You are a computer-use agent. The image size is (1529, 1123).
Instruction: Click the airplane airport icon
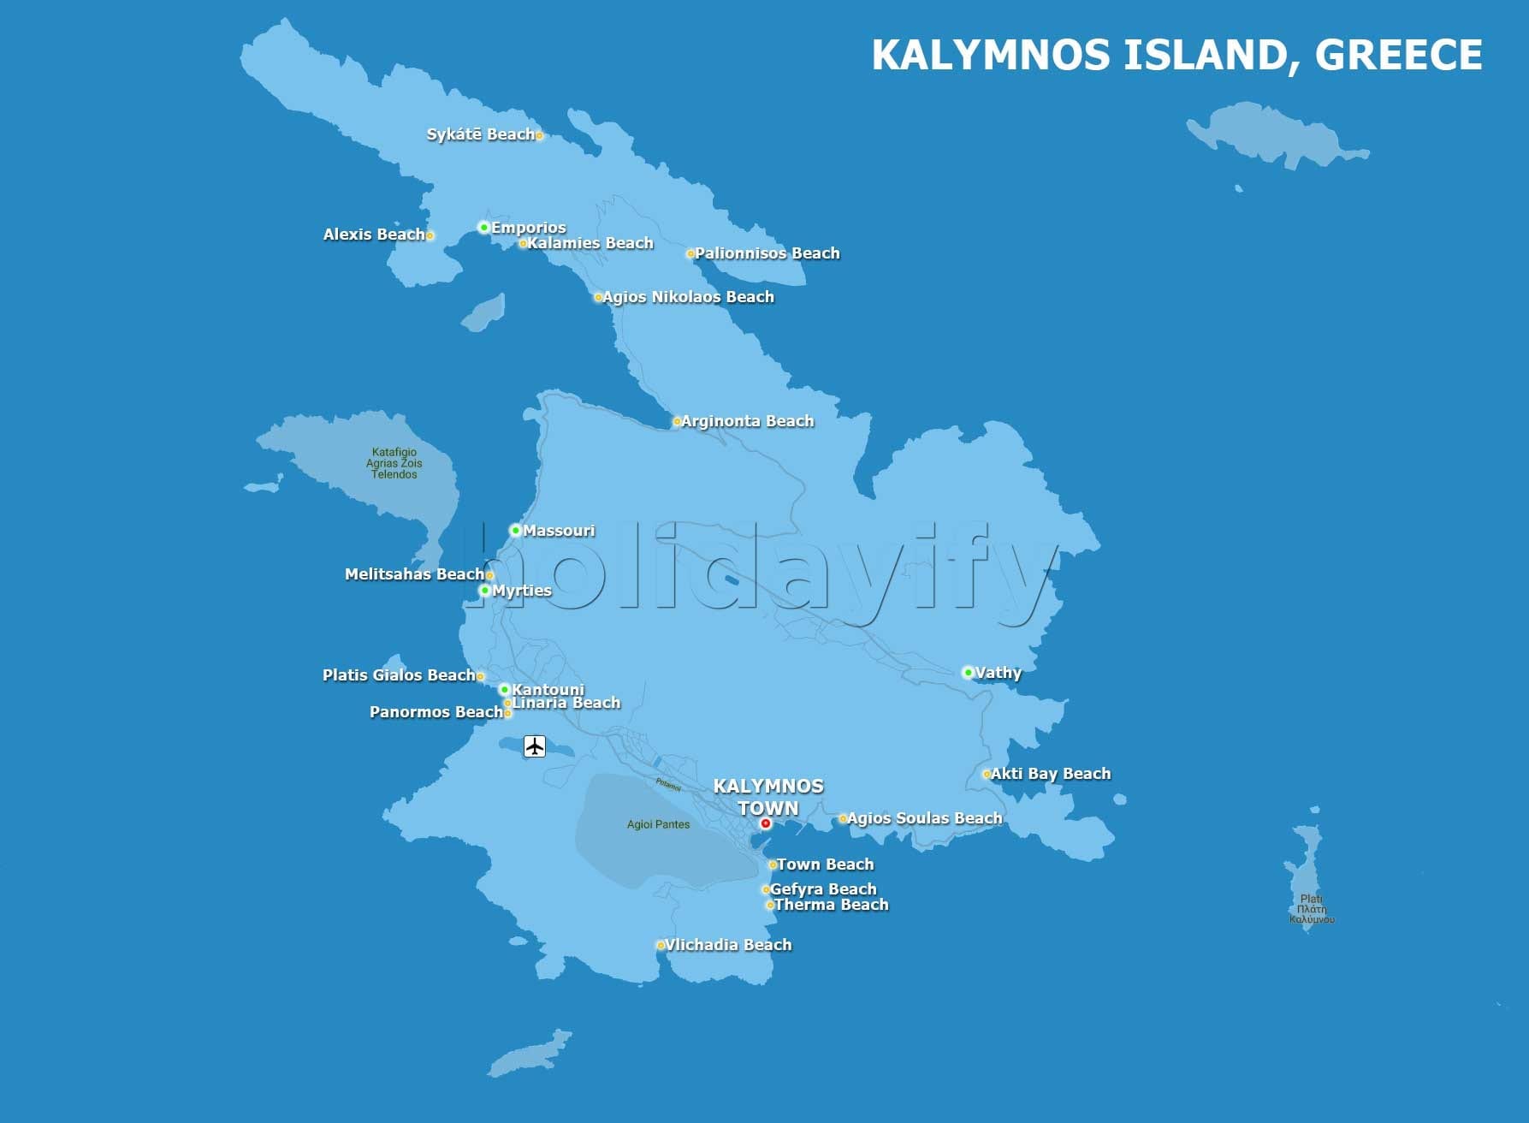(x=535, y=746)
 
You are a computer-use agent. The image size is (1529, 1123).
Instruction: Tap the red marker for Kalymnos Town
(x=766, y=823)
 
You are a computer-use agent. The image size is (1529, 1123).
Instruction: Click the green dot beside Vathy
(x=968, y=673)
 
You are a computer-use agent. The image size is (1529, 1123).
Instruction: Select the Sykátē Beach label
(x=480, y=134)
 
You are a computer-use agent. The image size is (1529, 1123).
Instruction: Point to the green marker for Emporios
(x=483, y=228)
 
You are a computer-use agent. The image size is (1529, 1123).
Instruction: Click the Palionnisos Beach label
(x=767, y=253)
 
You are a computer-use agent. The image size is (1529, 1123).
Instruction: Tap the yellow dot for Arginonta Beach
(x=677, y=421)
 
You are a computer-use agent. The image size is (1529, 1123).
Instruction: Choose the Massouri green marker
(x=515, y=531)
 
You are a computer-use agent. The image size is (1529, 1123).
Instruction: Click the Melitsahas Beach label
(x=414, y=574)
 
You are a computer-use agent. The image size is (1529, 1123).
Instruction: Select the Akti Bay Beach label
(x=1051, y=774)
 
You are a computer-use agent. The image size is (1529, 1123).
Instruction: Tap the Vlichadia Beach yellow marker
(x=661, y=946)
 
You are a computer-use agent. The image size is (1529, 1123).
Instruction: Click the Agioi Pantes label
(x=658, y=824)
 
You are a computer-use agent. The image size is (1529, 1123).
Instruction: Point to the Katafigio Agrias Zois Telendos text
(x=394, y=463)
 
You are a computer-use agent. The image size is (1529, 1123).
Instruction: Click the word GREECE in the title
(x=1398, y=56)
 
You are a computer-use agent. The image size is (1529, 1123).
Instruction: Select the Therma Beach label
(x=831, y=905)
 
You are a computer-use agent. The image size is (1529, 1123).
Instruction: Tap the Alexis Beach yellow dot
(x=430, y=235)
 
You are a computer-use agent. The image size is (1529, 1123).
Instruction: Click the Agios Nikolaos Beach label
(x=688, y=297)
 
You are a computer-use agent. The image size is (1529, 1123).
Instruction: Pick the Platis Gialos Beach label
(x=399, y=675)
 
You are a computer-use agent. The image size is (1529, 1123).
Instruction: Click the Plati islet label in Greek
(x=1311, y=909)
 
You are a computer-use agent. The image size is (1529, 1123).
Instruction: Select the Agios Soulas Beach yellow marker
(x=843, y=819)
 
